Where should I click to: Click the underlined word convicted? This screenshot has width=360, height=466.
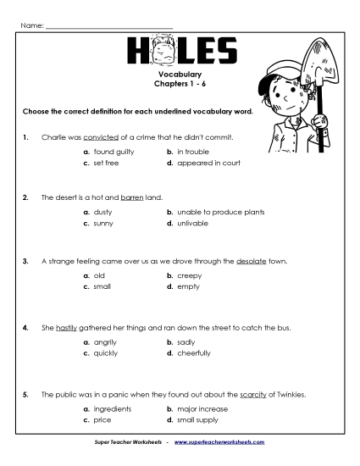pyautogui.click(x=100, y=136)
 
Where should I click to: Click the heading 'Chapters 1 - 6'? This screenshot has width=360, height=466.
pyautogui.click(x=180, y=86)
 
